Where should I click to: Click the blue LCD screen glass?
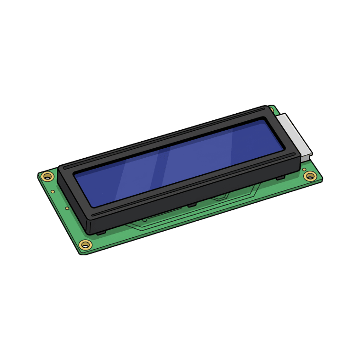(180, 163)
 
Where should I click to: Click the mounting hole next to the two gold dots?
(47, 177)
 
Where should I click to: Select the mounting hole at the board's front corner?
(85, 244)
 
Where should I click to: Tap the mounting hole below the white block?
(310, 176)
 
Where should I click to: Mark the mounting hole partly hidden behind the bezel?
(271, 110)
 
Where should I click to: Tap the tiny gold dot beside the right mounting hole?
(304, 169)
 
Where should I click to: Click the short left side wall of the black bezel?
(71, 194)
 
